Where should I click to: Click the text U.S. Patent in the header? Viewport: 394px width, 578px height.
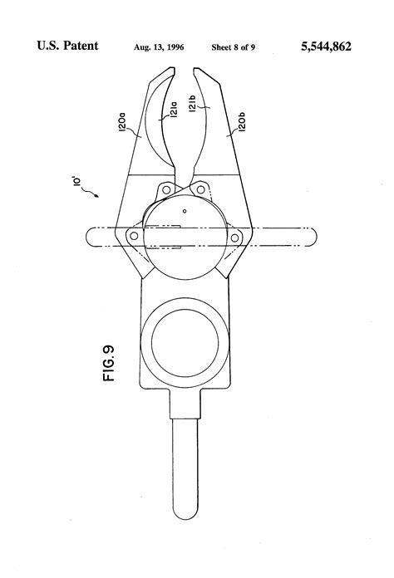[67, 46]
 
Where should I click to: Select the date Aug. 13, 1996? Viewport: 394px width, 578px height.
[159, 47]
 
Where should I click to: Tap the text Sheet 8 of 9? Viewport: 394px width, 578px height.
[233, 47]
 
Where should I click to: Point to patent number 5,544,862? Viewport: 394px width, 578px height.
[326, 47]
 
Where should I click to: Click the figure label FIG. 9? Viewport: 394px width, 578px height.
[109, 364]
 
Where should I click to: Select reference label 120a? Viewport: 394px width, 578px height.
[123, 122]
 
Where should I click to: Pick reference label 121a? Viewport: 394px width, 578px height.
[174, 109]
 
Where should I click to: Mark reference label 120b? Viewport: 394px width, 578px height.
[242, 122]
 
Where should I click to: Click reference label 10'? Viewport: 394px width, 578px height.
[77, 183]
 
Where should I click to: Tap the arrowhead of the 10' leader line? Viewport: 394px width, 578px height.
[97, 196]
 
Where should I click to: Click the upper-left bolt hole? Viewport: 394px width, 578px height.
[166, 190]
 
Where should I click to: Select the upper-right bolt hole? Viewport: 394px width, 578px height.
[200, 190]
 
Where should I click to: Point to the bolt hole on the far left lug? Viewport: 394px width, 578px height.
[135, 236]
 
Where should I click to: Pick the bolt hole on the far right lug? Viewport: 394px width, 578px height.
[234, 238]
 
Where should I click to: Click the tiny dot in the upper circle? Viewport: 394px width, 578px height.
[185, 211]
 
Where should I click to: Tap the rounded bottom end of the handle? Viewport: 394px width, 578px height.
[185, 513]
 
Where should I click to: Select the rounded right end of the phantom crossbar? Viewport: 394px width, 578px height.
[315, 237]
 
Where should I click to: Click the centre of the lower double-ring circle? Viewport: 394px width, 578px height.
[185, 342]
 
